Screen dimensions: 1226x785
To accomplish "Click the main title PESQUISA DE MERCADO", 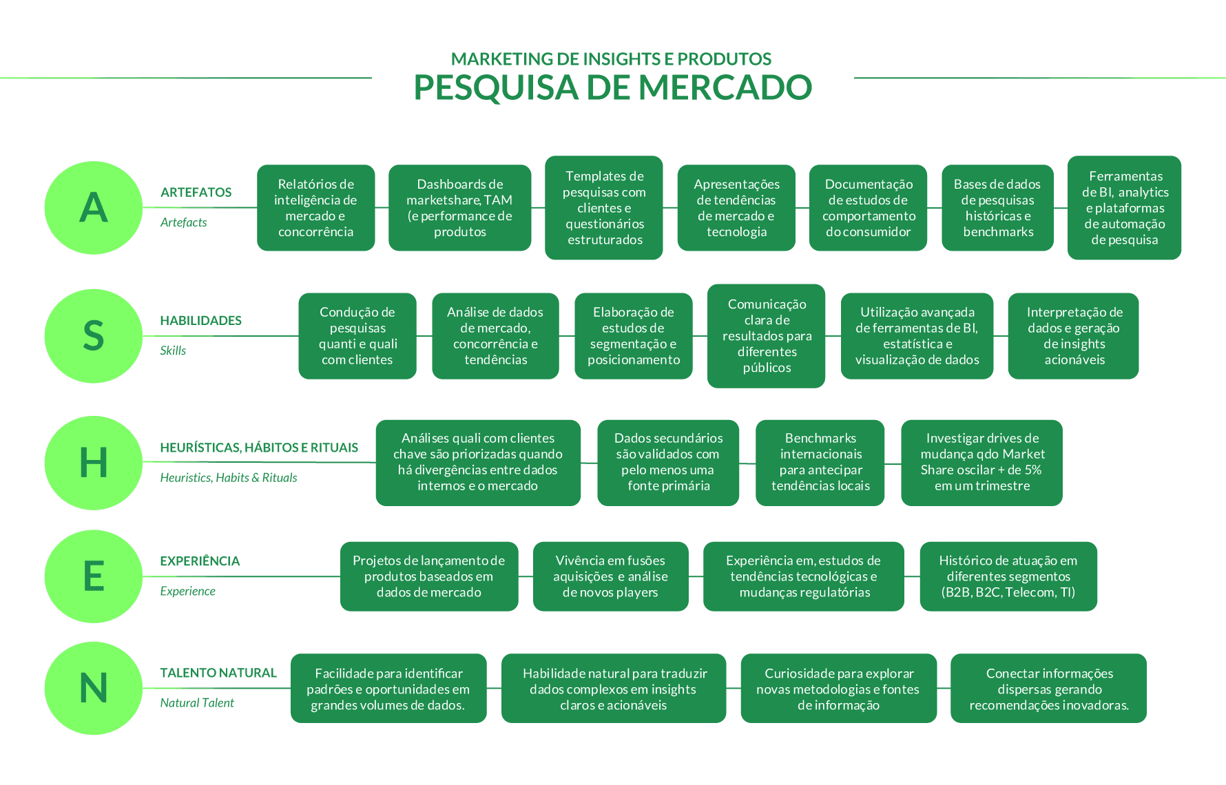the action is [x=612, y=87].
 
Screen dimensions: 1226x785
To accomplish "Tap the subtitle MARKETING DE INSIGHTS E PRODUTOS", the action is [x=611, y=59].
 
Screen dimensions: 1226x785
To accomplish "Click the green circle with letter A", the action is [x=94, y=207].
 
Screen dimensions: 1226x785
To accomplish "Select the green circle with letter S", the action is [x=94, y=336].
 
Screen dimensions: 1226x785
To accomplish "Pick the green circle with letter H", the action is [x=94, y=463].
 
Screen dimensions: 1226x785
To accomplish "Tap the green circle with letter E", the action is [x=94, y=576].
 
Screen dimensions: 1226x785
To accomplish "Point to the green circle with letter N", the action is [x=94, y=688].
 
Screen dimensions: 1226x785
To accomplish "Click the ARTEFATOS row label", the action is [x=196, y=193].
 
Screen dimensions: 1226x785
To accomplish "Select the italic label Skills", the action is [x=173, y=350].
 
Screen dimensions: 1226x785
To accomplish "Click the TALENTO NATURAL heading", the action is [x=218, y=673].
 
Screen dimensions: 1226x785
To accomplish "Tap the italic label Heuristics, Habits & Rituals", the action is [x=229, y=478].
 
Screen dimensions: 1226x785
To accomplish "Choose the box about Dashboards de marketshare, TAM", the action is [x=460, y=208].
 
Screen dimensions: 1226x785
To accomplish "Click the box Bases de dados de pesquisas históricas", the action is [x=997, y=208].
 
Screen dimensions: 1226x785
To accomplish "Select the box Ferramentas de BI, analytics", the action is [x=1124, y=208].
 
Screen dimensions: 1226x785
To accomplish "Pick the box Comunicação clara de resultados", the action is [x=766, y=336].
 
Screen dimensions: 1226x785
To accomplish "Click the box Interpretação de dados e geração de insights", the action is [x=1073, y=336].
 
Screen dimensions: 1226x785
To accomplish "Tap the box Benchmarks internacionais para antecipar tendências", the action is [x=820, y=463].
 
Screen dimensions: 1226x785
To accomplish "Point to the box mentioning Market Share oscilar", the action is [x=981, y=463].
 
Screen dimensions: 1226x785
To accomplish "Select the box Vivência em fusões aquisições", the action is [x=610, y=576].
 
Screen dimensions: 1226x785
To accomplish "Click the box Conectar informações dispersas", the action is [x=1048, y=688].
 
